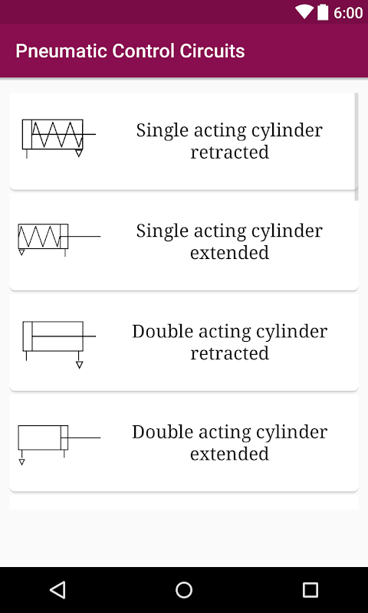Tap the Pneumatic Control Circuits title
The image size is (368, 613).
point(130,51)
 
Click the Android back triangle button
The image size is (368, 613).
point(58,589)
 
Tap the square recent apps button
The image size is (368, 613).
point(310,589)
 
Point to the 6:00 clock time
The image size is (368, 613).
point(347,13)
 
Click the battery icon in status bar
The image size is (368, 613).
point(323,12)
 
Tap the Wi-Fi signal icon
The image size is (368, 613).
point(304,12)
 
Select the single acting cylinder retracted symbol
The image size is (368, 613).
point(59,139)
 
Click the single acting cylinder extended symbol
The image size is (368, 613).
point(59,240)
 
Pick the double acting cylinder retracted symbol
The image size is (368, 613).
point(59,344)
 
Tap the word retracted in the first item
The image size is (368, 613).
point(229,152)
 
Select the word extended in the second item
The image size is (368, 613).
point(229,253)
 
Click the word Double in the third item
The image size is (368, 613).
point(163,332)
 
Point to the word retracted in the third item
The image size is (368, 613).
point(229,353)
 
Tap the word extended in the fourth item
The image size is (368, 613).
point(229,454)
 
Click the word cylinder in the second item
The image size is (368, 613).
point(287,231)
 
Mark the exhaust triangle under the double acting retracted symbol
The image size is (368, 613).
point(80,366)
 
